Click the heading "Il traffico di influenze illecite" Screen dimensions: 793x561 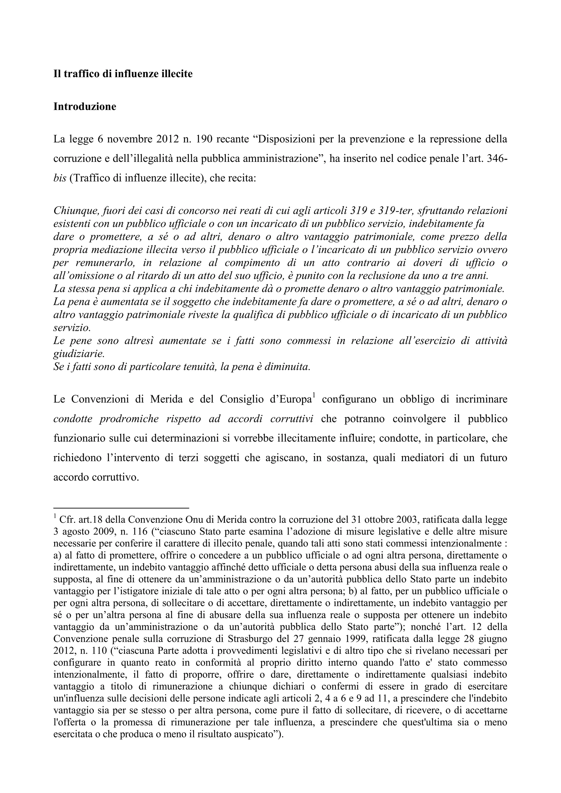[x=123, y=74]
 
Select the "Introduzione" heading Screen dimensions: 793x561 [x=85, y=107]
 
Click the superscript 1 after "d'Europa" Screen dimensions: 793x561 [x=314, y=395]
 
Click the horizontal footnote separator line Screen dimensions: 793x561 [x=121, y=508]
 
